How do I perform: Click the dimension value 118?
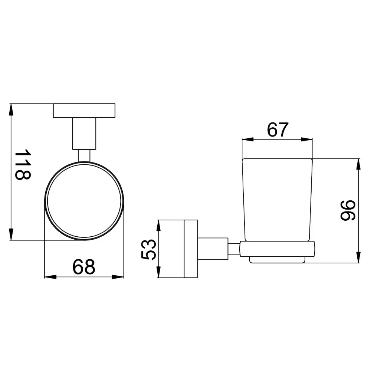click(x=23, y=164)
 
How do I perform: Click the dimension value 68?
click(x=84, y=267)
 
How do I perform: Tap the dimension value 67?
click(x=278, y=129)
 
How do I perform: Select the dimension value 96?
click(x=348, y=210)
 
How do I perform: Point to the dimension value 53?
click(x=149, y=249)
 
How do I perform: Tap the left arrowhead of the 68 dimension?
click(x=50, y=277)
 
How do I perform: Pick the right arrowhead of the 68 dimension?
click(x=118, y=277)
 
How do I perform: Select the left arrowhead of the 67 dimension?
click(x=248, y=139)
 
